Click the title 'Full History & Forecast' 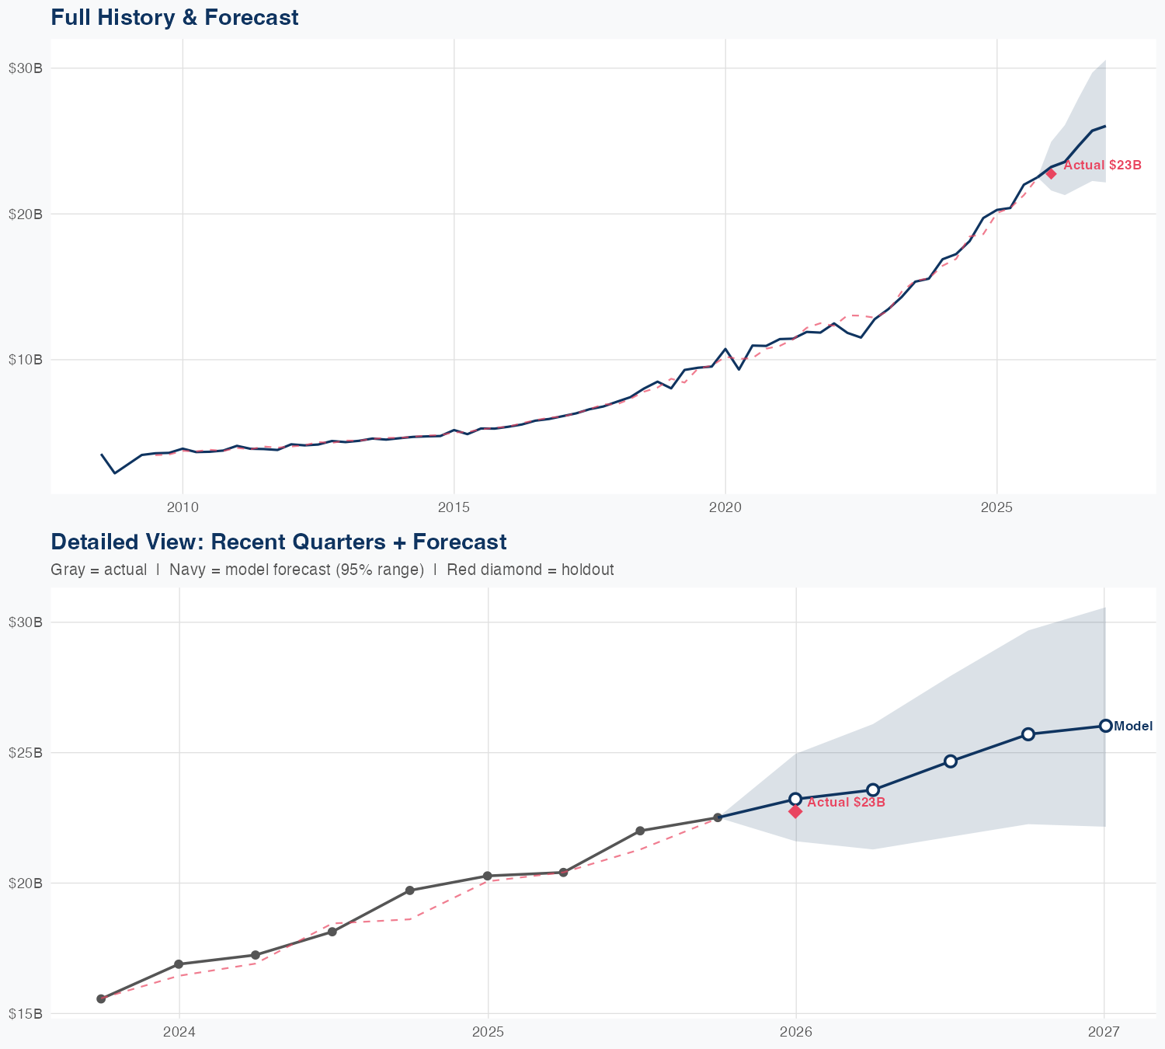tap(174, 17)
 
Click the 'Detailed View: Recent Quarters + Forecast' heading tap(278, 542)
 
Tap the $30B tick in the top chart tap(25, 68)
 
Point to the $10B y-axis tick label tap(25, 359)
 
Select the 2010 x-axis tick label tap(183, 507)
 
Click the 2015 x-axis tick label tap(454, 507)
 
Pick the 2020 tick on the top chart tap(725, 507)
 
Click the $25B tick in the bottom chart tap(25, 753)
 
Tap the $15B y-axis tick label tap(25, 1013)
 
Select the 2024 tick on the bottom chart tap(179, 1031)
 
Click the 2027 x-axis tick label tap(1104, 1031)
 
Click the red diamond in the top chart tap(1051, 173)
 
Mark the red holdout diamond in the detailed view tap(795, 811)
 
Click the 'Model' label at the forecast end tap(1133, 727)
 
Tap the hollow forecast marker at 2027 tap(1105, 726)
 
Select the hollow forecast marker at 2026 tap(795, 799)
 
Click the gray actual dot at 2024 tap(179, 964)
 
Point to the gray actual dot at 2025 tap(488, 876)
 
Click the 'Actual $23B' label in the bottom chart tap(847, 802)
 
